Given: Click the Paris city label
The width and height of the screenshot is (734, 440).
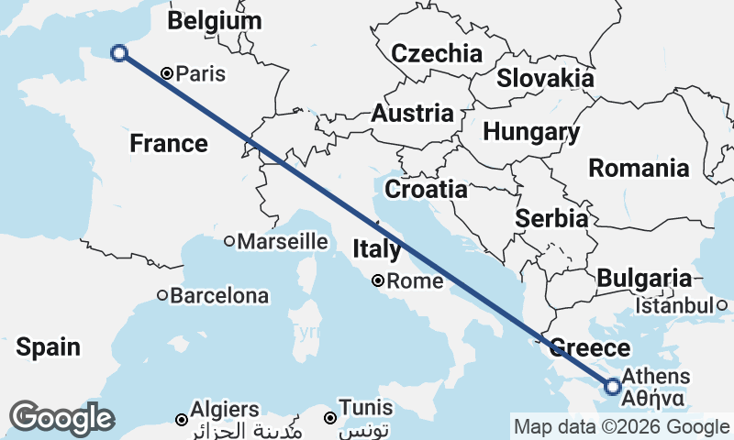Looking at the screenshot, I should (x=200, y=74).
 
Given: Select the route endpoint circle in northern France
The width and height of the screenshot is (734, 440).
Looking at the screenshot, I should (x=118, y=53).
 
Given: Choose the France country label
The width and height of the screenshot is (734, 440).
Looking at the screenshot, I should (x=169, y=144).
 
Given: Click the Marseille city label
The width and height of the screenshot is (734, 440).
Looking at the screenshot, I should (x=283, y=242).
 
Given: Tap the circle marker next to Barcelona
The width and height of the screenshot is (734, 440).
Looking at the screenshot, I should (x=162, y=295).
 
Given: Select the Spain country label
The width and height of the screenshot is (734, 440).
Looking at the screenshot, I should (x=48, y=347).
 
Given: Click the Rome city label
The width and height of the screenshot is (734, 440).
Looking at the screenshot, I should (x=415, y=281).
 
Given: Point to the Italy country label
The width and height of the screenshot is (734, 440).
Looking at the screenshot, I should (x=377, y=249).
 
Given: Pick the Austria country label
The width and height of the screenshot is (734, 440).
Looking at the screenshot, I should (x=412, y=114).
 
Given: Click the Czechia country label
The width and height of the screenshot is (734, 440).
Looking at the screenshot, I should (x=437, y=53).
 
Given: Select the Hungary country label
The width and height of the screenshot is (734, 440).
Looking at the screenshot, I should (x=531, y=132).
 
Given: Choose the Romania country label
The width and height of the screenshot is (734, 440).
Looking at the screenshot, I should (x=639, y=169).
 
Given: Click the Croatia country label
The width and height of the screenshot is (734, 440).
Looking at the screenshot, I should (x=426, y=190).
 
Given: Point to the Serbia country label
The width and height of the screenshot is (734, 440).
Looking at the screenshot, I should (x=551, y=219).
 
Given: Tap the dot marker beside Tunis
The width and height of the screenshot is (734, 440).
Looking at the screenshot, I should (x=329, y=418).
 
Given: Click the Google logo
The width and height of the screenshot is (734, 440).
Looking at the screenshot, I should (x=61, y=418).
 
